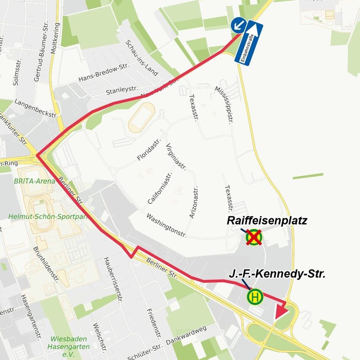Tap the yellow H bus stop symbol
255,297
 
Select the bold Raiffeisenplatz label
267,221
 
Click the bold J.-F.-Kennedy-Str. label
277,274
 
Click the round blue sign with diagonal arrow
238,25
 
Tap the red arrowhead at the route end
281,312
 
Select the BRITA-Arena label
34,181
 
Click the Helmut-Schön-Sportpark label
48,216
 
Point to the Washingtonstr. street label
166,225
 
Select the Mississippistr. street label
224,105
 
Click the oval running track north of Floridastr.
141,117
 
